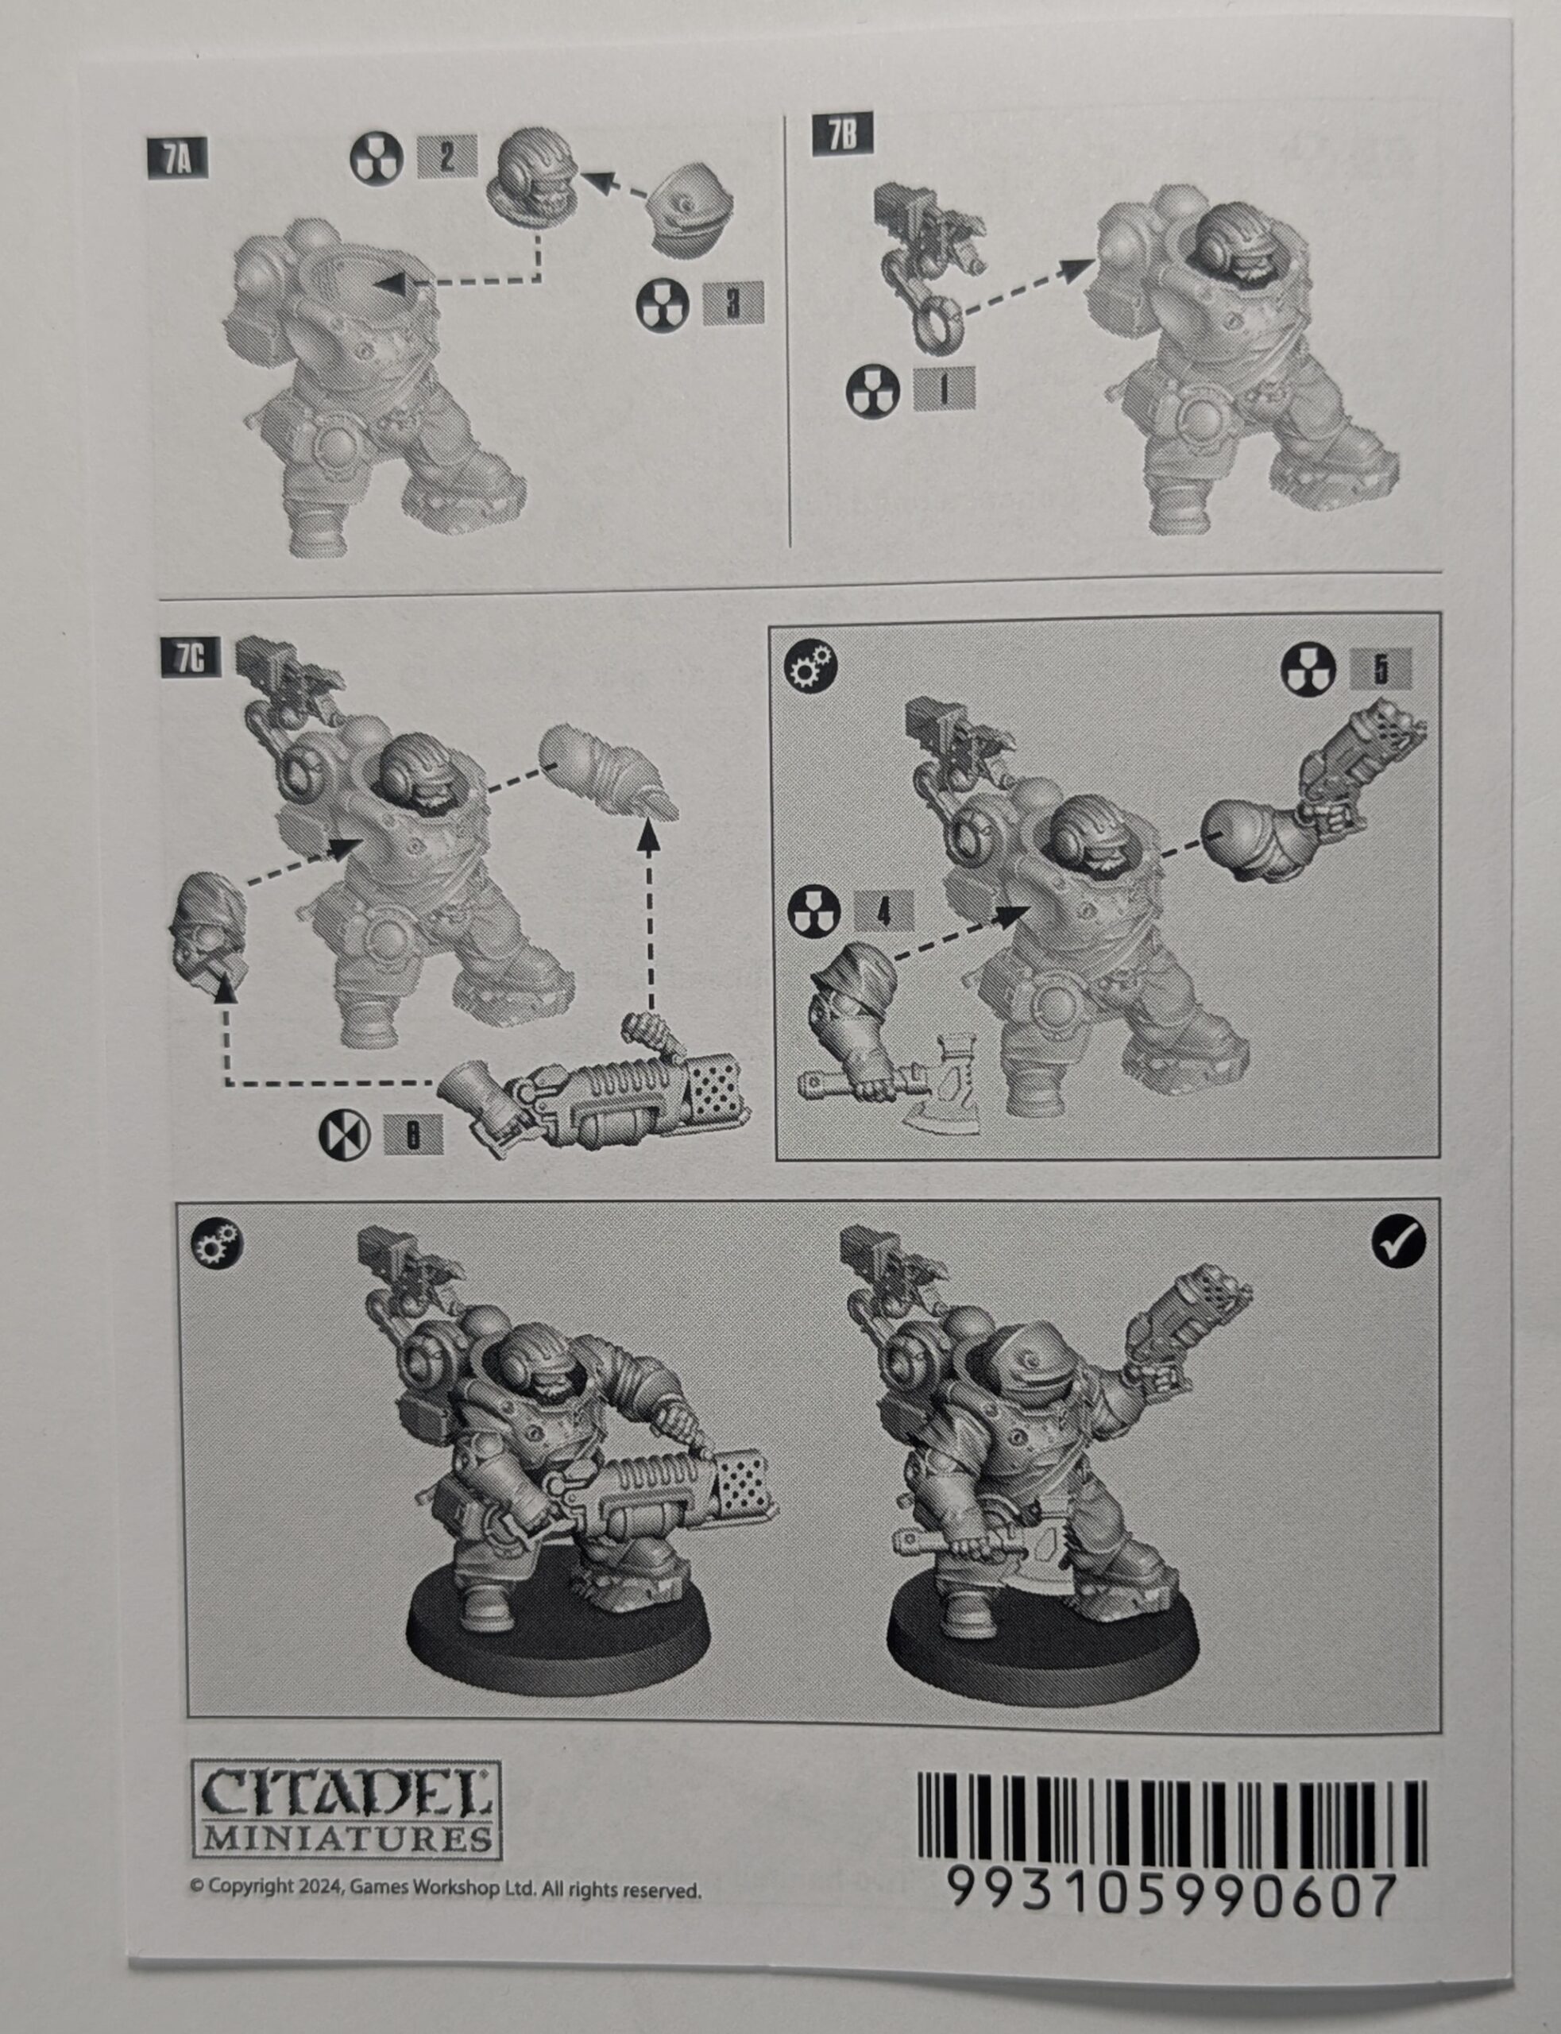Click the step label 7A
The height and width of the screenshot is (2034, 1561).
177,159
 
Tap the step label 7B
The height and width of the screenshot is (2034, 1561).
843,135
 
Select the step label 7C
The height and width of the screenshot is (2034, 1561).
191,658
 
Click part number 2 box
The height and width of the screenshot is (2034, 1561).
447,156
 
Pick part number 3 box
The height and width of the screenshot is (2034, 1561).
733,303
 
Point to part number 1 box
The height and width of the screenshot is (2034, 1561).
944,389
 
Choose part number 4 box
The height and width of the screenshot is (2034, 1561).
883,911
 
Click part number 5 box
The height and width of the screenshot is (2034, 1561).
1381,669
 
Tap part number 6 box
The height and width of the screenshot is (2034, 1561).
413,1135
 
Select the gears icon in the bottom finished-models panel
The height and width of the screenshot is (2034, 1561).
217,1243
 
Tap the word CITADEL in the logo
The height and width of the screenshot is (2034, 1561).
346,1792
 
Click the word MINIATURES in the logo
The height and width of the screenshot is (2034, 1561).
346,1838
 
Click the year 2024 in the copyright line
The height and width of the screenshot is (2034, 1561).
323,1887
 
